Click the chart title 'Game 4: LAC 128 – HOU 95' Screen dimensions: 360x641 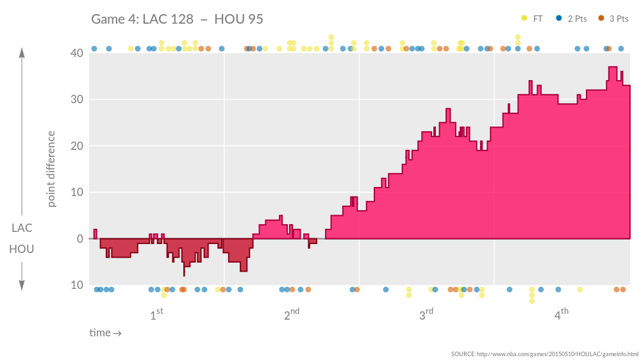click(177, 19)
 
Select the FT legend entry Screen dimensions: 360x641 click(533, 19)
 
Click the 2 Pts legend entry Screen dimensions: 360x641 click(572, 19)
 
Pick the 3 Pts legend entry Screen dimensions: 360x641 click(613, 19)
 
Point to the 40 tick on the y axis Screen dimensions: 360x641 click(76, 53)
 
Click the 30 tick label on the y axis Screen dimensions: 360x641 click(76, 99)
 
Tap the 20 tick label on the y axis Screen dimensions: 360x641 click(76, 146)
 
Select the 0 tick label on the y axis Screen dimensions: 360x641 click(79, 239)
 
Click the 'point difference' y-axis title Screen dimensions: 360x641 click(52, 169)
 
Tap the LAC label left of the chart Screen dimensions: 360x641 click(22, 228)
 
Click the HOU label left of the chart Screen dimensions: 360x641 click(22, 249)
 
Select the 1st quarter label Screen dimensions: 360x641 click(156, 315)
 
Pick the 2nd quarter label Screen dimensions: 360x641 click(292, 315)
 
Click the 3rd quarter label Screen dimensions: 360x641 click(426, 315)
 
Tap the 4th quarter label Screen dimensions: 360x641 click(562, 315)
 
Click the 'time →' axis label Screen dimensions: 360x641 click(105, 333)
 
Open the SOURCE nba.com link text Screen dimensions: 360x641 click(545, 354)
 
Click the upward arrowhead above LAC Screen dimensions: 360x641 click(22, 53)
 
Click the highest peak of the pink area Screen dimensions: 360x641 click(613, 68)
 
